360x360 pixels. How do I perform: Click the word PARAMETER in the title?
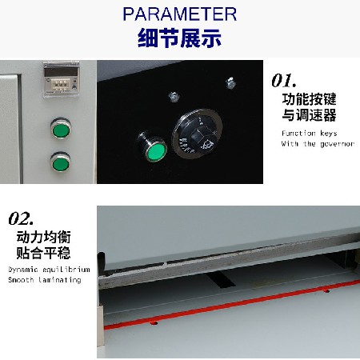pos(180,14)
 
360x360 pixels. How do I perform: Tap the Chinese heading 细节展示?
pos(180,38)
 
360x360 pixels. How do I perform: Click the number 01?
pos(285,80)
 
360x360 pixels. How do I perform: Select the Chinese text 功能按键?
pos(309,99)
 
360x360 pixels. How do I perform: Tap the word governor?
pos(336,144)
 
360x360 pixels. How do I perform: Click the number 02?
pos(21,218)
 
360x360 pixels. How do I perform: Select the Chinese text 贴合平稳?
pos(43,254)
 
